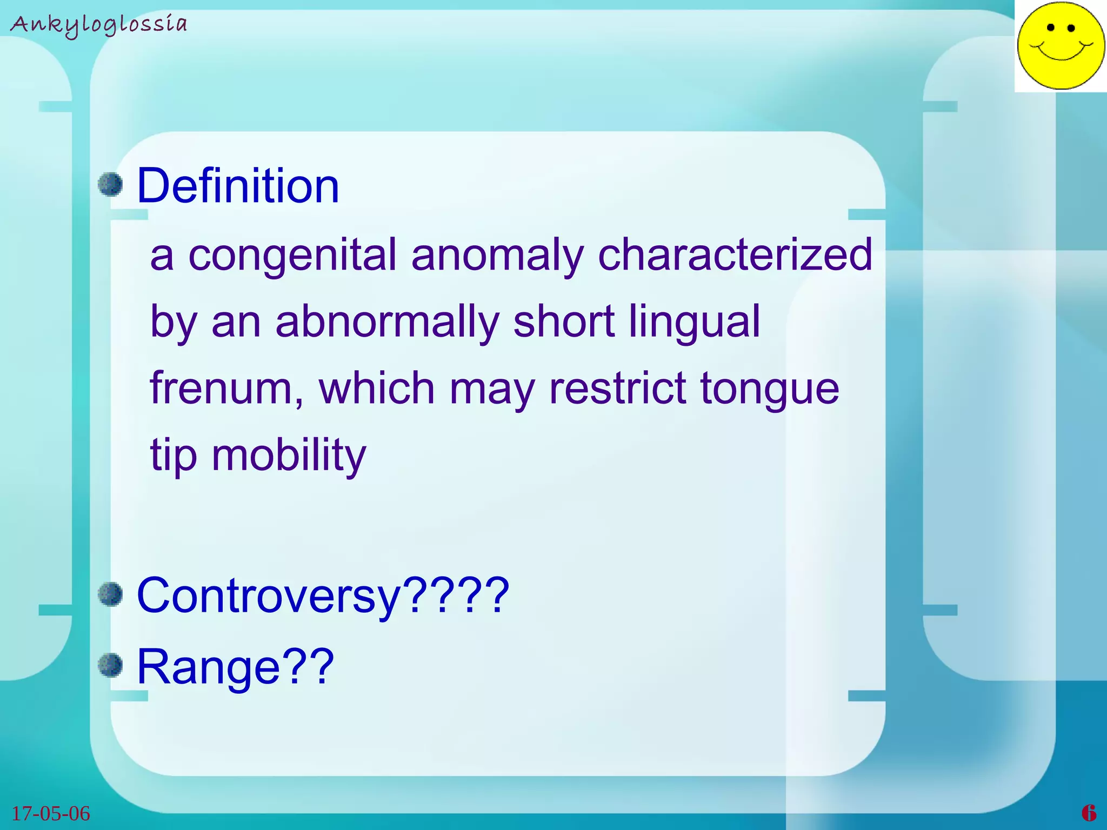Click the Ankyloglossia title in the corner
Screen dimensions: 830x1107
[99, 25]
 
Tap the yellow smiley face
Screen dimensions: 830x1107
[1061, 45]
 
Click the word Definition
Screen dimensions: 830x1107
[238, 186]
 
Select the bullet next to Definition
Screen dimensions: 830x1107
[111, 184]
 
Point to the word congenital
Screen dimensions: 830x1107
[292, 255]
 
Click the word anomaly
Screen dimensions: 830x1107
[497, 255]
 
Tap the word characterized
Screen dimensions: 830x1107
[735, 255]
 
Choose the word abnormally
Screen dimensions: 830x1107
[387, 322]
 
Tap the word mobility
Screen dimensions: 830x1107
[289, 456]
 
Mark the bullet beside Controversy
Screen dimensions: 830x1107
[111, 594]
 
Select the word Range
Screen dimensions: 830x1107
[208, 667]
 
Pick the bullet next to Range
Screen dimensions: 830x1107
[111, 665]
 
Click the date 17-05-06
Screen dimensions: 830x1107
[51, 813]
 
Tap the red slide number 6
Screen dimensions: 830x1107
[1089, 813]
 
